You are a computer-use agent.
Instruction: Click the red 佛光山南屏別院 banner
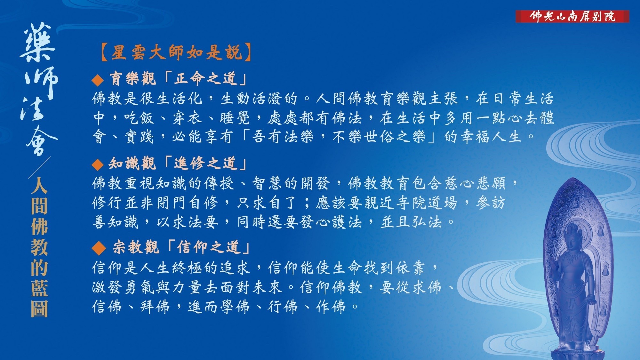point(572,16)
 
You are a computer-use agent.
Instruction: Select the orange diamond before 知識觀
point(98,165)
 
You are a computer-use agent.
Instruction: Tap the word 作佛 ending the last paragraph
point(331,307)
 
